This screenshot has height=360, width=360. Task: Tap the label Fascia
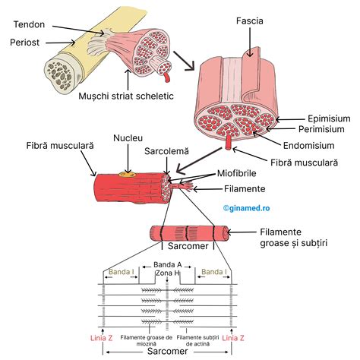[250, 21]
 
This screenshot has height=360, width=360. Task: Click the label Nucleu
[127, 138]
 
